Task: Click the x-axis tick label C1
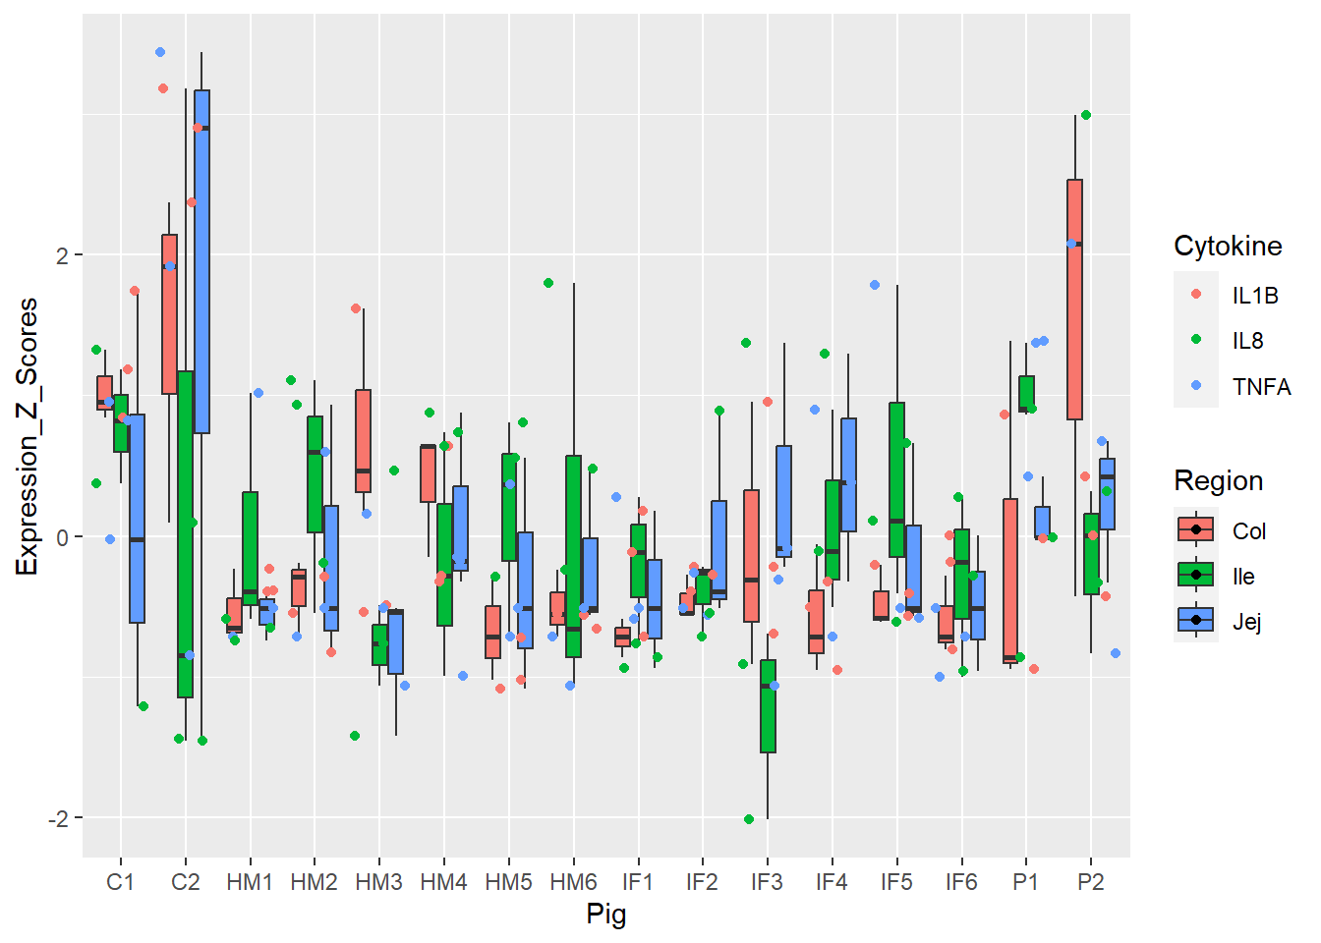tap(120, 882)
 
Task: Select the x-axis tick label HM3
tap(379, 882)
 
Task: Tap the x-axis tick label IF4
tap(832, 882)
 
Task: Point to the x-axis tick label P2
tap(1090, 882)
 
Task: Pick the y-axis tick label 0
tap(62, 537)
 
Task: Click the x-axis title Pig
tap(606, 915)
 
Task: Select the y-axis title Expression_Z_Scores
tap(27, 437)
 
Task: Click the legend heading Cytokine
tap(1228, 246)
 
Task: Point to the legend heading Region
tap(1218, 480)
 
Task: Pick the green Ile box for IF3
tap(768, 706)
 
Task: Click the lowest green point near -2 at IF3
tap(749, 819)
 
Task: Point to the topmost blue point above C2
tap(160, 52)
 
